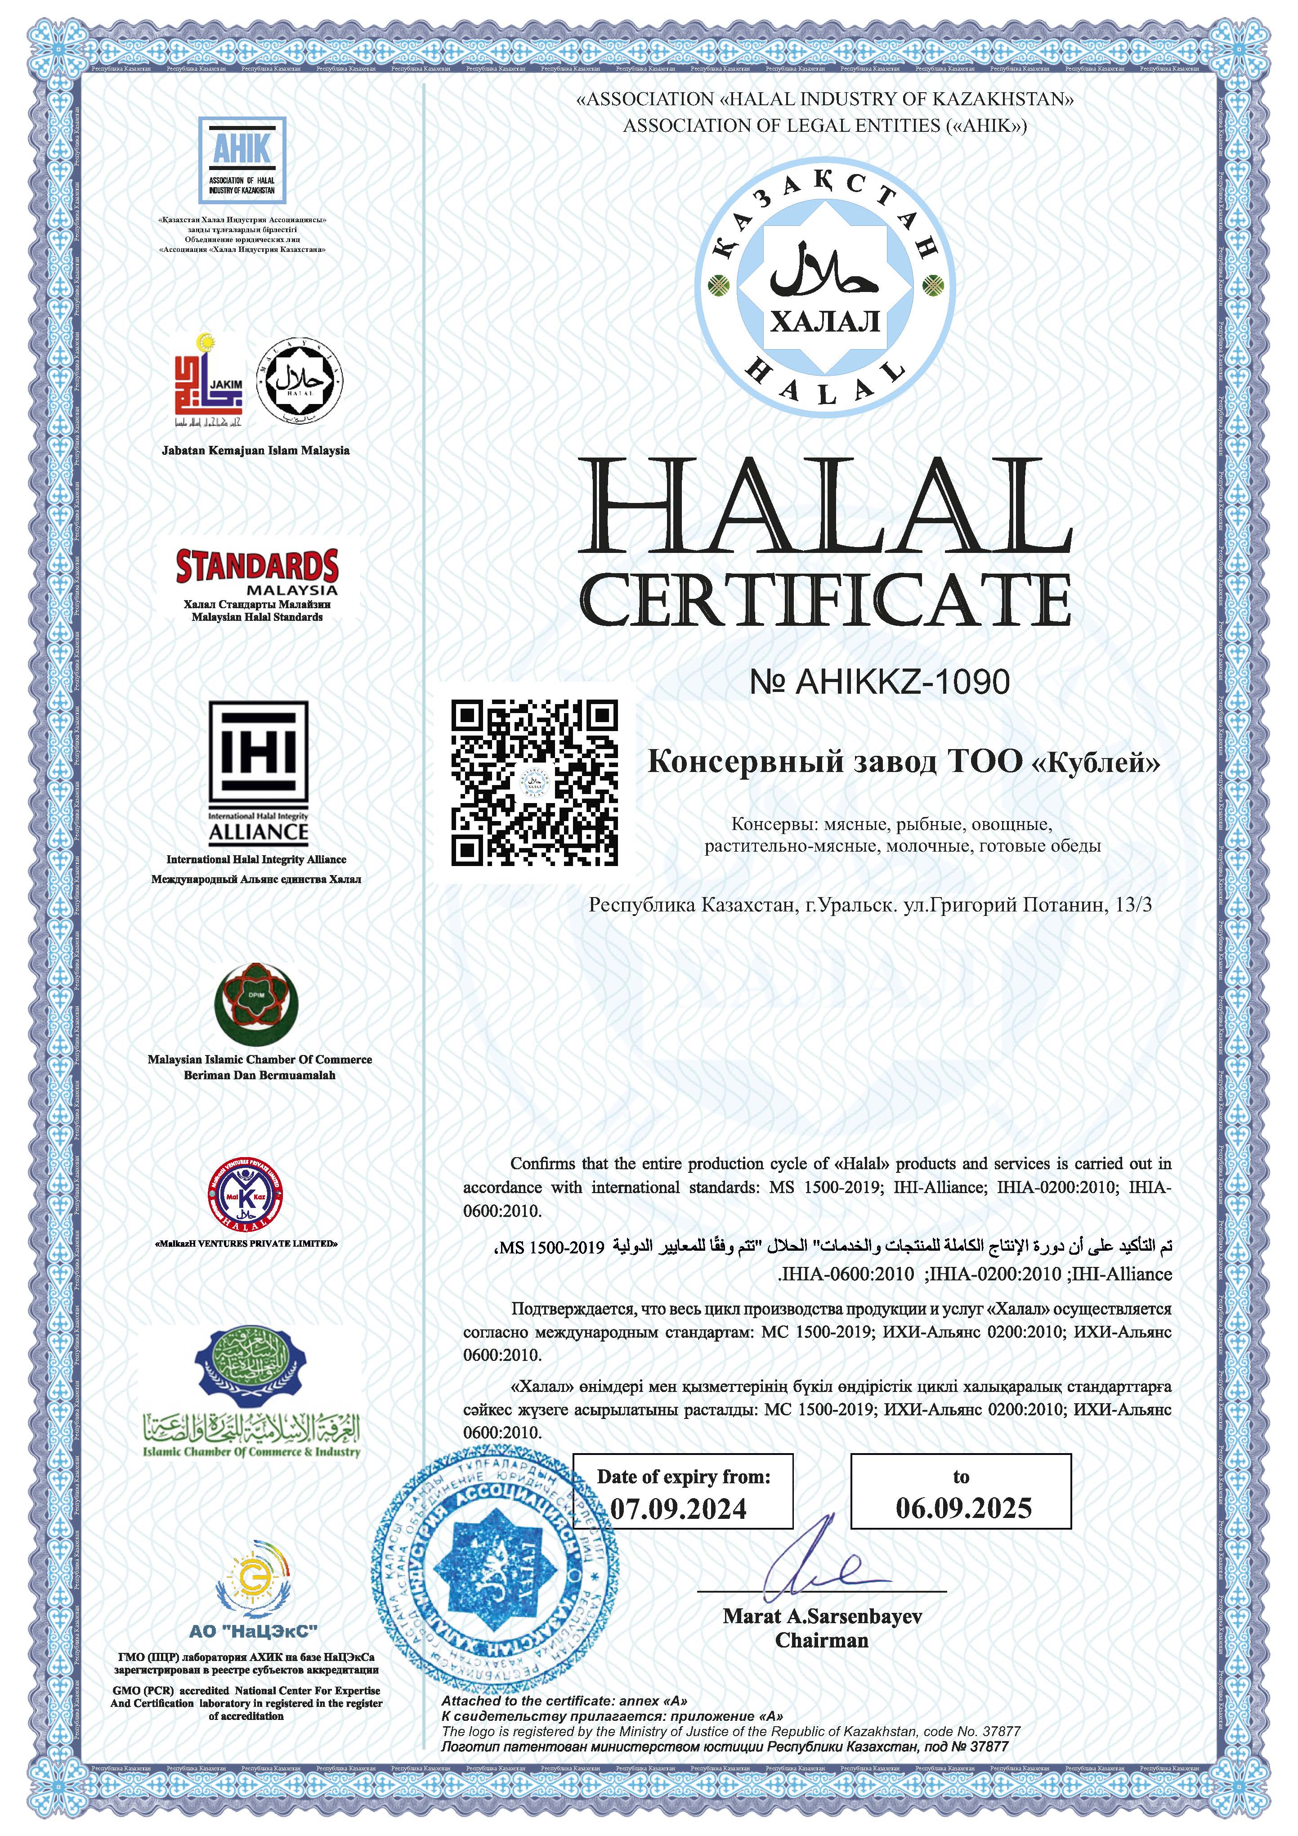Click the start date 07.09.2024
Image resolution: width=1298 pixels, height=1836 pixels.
pos(679,1508)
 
